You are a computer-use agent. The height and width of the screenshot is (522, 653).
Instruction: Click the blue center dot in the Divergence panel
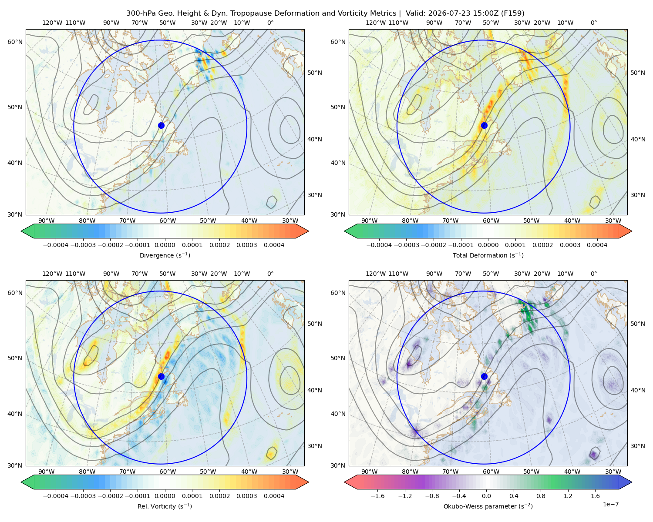click(161, 126)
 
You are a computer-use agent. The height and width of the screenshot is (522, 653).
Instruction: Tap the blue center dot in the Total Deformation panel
click(484, 126)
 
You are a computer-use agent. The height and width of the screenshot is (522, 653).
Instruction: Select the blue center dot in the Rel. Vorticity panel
click(161, 376)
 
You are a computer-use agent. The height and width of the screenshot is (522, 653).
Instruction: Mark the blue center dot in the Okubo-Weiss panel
click(484, 376)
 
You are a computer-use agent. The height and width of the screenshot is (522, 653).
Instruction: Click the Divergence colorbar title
click(165, 255)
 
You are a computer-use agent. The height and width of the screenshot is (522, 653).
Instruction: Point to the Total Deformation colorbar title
click(488, 255)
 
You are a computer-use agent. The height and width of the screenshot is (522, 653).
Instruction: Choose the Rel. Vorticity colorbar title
click(165, 506)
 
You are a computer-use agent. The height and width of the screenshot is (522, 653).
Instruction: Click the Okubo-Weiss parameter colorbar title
click(488, 506)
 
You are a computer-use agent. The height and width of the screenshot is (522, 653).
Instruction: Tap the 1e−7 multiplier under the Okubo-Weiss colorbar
click(610, 505)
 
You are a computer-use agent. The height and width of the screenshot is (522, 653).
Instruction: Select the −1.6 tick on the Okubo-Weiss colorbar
click(377, 496)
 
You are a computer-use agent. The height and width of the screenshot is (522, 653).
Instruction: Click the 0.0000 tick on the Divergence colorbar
click(165, 245)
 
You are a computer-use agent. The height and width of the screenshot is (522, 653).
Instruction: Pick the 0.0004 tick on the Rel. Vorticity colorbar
click(274, 496)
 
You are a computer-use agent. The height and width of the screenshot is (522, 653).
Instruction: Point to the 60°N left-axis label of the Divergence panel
click(15, 42)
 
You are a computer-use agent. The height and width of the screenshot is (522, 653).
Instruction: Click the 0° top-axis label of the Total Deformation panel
click(594, 23)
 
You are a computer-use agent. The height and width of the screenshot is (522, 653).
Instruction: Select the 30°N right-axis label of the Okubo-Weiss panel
click(638, 446)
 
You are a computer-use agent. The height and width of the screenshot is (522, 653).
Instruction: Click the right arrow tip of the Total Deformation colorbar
click(632, 231)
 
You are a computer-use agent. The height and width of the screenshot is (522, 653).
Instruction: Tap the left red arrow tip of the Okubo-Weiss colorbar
click(344, 482)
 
